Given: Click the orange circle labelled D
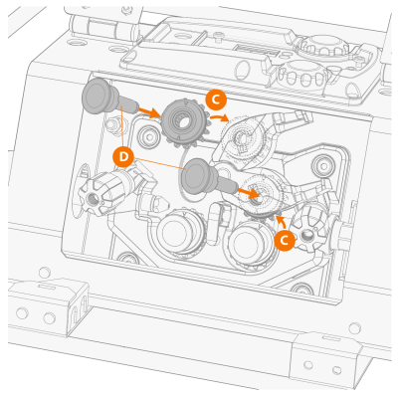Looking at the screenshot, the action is click(x=123, y=157).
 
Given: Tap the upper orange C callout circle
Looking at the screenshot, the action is click(x=216, y=99).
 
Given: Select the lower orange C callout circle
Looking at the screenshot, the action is click(x=285, y=240).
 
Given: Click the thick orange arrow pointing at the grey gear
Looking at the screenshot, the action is click(x=149, y=112).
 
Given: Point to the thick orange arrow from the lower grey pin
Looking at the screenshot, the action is click(x=248, y=192).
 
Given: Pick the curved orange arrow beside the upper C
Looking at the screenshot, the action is click(x=220, y=117).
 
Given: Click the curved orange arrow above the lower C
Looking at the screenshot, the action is click(x=281, y=223).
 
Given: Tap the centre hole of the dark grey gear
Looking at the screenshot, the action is click(x=183, y=122).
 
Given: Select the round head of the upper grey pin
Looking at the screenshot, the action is click(x=97, y=97).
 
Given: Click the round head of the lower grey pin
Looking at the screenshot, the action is click(x=197, y=176).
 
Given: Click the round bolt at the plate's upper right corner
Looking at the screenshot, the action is click(x=321, y=163).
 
